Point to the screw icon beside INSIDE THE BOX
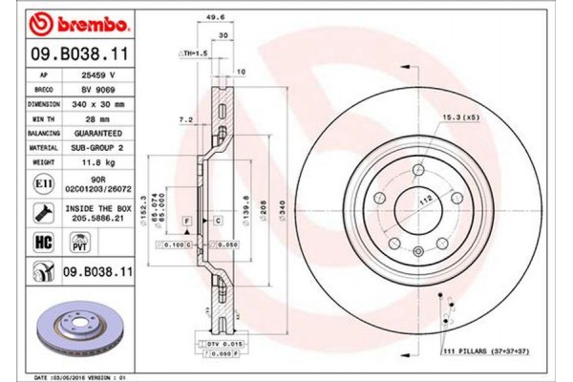[x=44, y=212]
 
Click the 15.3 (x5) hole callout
[x=458, y=117]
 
